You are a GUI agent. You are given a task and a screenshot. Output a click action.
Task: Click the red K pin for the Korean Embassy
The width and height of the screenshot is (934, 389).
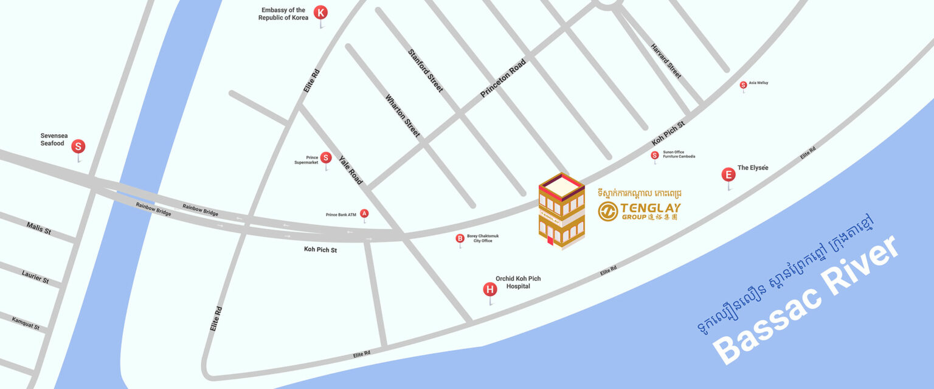[x=320, y=12]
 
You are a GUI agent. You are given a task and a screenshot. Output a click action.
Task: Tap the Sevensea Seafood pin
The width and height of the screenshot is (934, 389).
[x=78, y=146]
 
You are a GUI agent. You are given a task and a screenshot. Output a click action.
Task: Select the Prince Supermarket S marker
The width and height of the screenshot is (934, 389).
[x=325, y=158]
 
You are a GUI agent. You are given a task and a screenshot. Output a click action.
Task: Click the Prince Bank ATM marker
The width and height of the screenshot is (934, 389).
[x=364, y=213]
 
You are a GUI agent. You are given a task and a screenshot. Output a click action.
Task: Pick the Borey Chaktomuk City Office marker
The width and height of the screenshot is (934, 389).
[x=460, y=238]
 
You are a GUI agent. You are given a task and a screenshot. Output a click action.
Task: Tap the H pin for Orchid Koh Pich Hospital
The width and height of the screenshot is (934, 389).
[x=489, y=289]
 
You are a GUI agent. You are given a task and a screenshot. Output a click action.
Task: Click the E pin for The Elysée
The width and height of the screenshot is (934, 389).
[x=728, y=175]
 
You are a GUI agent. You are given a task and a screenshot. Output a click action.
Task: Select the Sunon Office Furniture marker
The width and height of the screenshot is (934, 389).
[x=655, y=155]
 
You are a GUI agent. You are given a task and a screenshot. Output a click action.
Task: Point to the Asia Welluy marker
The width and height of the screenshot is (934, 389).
[x=743, y=84]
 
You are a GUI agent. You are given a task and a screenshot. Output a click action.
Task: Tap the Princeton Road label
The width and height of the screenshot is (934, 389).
[x=503, y=78]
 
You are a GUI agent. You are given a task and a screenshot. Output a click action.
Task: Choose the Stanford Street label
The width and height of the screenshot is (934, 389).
[x=426, y=71]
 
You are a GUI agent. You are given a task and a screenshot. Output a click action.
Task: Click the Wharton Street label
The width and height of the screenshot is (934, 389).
[x=403, y=115]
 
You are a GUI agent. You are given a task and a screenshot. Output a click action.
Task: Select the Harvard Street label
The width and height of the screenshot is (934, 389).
[x=666, y=61]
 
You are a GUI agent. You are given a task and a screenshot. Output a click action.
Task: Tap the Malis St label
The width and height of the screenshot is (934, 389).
[x=39, y=229]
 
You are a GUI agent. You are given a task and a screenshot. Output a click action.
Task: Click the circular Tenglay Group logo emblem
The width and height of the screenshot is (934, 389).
[x=607, y=212]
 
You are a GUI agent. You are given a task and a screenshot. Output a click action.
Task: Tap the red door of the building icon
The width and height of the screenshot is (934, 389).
[x=550, y=241]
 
